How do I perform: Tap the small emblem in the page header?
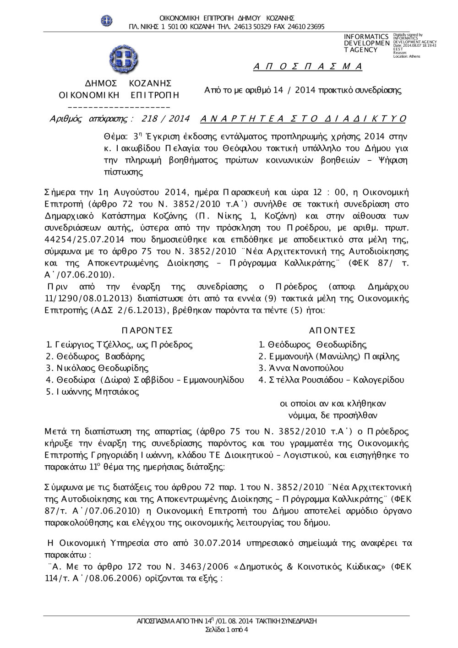pos(107,20)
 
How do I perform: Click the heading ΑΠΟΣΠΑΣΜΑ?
pos(308,67)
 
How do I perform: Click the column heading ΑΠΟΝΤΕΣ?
pos(333,331)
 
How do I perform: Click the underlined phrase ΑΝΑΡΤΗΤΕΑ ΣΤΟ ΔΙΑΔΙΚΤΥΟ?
pos(303,119)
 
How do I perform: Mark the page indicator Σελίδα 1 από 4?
pos(227,629)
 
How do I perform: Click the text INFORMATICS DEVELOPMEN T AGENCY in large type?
pos(366,43)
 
